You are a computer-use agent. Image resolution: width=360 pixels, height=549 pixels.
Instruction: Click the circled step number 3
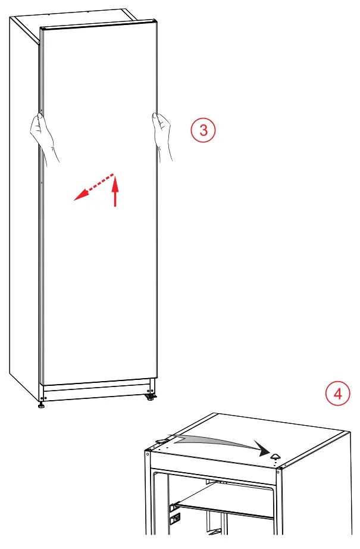(204, 130)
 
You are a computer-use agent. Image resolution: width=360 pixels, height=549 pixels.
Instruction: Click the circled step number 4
(338, 394)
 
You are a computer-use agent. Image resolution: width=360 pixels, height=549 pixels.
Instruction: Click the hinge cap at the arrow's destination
(276, 456)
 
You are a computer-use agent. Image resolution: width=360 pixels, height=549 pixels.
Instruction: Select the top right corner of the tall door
(156, 23)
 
